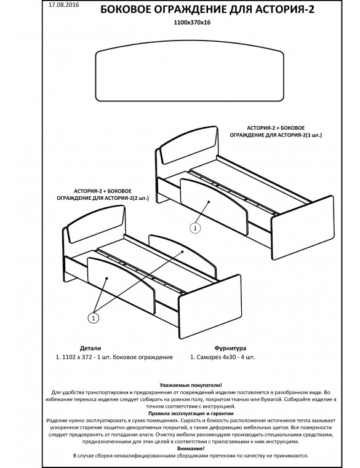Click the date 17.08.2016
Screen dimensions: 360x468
63,5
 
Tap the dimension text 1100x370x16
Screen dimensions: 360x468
192,22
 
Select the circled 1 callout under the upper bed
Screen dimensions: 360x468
195,228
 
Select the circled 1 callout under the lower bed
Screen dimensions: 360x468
94,318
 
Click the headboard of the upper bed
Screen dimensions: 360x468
189,145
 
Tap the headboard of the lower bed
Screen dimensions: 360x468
96,224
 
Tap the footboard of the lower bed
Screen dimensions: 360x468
210,307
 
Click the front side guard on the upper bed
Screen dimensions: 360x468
214,206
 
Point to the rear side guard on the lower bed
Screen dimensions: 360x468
182,256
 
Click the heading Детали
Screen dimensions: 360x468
90,348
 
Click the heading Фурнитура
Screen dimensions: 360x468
230,348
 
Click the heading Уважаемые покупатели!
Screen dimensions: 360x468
191,385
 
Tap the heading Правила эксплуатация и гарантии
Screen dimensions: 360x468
191,413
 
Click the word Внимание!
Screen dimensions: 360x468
191,448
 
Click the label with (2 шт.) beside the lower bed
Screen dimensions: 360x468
103,194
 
